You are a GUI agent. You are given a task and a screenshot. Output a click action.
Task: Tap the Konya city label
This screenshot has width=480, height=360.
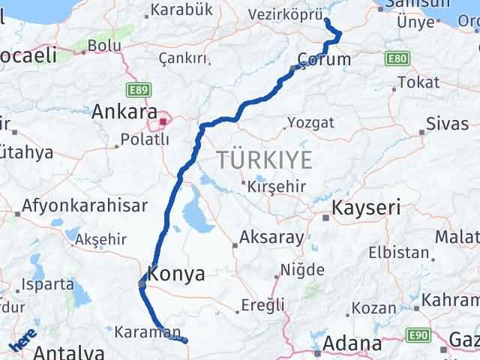pyautogui.click(x=176, y=274)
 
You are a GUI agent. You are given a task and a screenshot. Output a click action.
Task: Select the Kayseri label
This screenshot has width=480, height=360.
pyautogui.click(x=367, y=208)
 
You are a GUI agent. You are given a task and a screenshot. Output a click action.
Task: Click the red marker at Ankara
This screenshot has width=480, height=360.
pyautogui.click(x=163, y=119)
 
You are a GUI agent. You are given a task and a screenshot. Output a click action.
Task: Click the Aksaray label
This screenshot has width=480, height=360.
pyautogui.click(x=271, y=238)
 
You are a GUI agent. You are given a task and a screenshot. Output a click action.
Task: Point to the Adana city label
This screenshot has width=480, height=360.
pyautogui.click(x=352, y=345)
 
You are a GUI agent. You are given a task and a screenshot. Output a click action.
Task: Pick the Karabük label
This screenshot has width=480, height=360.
pyautogui.click(x=181, y=10)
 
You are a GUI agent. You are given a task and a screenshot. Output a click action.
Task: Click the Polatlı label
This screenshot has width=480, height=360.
pyautogui.click(x=145, y=139)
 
